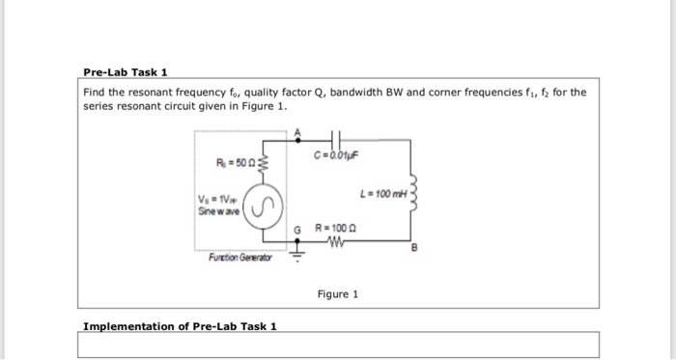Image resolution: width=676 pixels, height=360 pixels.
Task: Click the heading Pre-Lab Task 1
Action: tap(126, 72)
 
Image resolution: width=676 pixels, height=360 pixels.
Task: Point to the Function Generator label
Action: tap(240, 258)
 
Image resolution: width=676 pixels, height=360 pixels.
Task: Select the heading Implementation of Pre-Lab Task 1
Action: tap(180, 325)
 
